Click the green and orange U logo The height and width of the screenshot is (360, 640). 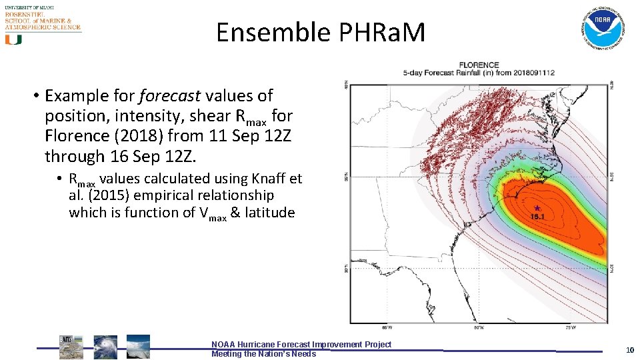click(13, 40)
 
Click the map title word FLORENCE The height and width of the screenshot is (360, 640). click(479, 65)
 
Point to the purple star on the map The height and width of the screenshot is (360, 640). click(537, 208)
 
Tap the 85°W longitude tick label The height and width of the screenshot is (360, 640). click(386, 328)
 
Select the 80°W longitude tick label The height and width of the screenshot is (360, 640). click(478, 328)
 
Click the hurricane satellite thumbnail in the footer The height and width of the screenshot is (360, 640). click(105, 347)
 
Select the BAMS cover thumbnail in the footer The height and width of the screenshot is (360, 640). click(71, 347)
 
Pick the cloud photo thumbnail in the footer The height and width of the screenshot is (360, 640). click(138, 346)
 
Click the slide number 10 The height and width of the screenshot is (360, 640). click(630, 350)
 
